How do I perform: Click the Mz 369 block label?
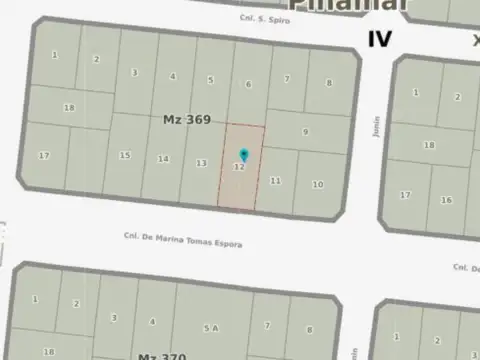(x=187, y=119)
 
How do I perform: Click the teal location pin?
(x=244, y=154)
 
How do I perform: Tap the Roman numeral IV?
(x=379, y=39)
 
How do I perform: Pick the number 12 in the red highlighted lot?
(x=239, y=167)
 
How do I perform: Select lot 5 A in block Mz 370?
(x=210, y=327)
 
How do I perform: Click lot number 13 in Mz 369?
(x=201, y=163)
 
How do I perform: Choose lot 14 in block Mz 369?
(x=163, y=159)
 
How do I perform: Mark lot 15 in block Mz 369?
(x=125, y=155)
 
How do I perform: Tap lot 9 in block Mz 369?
(x=305, y=132)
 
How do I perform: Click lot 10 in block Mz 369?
(x=317, y=185)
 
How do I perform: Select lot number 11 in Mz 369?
(x=275, y=181)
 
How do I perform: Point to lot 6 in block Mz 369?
(x=248, y=84)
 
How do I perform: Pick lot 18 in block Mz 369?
(x=69, y=107)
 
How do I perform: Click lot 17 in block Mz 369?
(x=44, y=155)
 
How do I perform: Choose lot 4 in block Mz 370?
(x=152, y=321)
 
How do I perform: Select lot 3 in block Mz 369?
(x=134, y=72)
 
